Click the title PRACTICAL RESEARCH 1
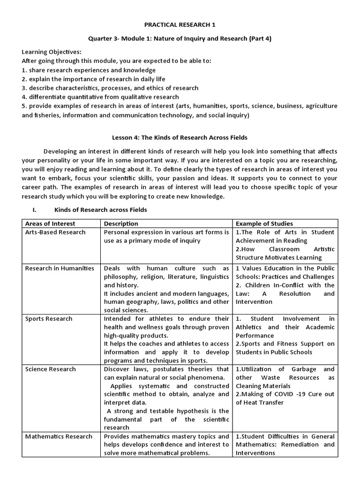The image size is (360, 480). click(180, 24)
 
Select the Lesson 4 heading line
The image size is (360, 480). click(180, 138)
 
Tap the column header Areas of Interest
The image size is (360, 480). click(50, 224)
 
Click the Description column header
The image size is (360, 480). click(121, 224)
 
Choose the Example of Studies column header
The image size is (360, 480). click(264, 224)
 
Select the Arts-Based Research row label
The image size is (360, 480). click(55, 232)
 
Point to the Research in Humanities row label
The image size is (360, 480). click(60, 269)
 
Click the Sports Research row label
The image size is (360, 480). click(49, 319)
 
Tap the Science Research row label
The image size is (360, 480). click(50, 369)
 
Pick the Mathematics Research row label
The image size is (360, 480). click(59, 436)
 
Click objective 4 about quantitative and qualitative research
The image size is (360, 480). click(100, 97)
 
